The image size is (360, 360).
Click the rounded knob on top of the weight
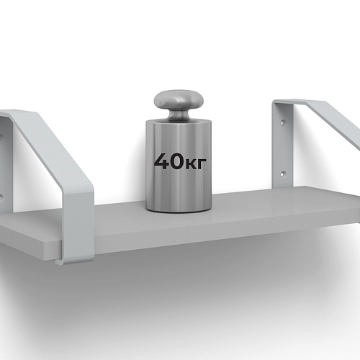(x=179, y=100)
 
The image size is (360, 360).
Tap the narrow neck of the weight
(x=179, y=115)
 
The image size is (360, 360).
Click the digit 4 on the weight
(x=163, y=161)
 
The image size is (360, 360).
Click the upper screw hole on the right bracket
(x=284, y=122)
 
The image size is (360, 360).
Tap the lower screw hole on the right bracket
(x=284, y=174)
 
